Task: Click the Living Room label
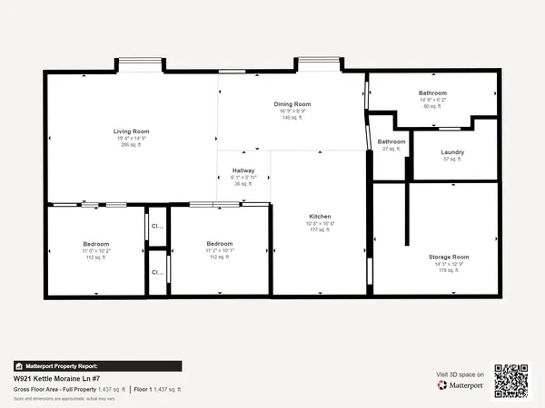tap(131, 131)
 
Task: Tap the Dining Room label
tap(292, 104)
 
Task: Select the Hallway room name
tap(243, 170)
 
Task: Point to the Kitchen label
tap(320, 217)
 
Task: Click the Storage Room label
tap(449, 257)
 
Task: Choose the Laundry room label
tap(452, 152)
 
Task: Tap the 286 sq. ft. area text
tap(131, 145)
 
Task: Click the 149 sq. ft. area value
tap(292, 118)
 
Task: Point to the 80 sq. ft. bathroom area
tap(432, 106)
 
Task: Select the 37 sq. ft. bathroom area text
tap(391, 149)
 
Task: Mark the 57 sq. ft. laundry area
tap(452, 160)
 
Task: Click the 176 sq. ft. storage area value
tap(449, 270)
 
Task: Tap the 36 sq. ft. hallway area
tap(243, 184)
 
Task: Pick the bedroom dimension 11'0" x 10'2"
tap(96, 250)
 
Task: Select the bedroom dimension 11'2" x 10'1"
tap(219, 250)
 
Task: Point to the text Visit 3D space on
tap(460, 374)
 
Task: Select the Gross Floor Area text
tap(53, 389)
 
